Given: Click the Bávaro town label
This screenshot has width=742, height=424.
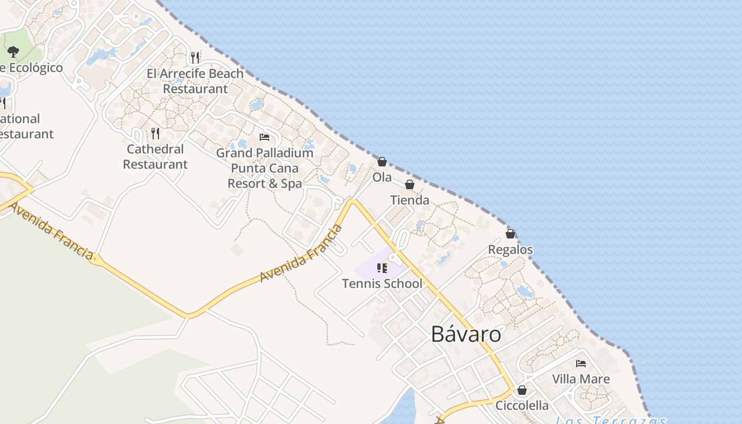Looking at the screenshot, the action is tap(466, 334).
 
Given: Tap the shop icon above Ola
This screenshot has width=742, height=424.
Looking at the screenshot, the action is tap(382, 162).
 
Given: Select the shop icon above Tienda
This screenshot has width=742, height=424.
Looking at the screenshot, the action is tap(409, 184).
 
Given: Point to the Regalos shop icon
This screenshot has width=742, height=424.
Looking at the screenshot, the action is tap(510, 234).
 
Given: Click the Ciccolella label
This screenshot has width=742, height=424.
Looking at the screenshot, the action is tap(522, 405).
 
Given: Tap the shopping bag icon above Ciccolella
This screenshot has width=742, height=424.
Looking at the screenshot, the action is tap(522, 390).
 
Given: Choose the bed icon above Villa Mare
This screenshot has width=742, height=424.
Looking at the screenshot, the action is tap(581, 364).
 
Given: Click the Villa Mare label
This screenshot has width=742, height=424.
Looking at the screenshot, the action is tap(581, 379).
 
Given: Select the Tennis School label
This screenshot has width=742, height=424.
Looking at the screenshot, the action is tap(382, 284).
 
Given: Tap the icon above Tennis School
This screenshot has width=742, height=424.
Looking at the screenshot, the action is tap(382, 268).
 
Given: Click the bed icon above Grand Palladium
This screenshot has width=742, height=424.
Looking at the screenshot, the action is tap(264, 137).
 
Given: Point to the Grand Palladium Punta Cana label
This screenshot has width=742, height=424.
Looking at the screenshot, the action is tap(264, 168).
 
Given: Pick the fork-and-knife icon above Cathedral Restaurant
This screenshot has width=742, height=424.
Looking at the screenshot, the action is tap(155, 133).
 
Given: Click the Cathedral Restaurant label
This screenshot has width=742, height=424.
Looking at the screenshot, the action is tap(155, 157).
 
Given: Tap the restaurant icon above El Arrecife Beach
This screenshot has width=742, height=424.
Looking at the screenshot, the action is tap(195, 57).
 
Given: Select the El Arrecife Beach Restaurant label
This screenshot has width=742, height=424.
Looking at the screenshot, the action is tap(195, 81).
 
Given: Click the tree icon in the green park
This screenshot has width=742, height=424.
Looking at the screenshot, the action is tap(13, 52).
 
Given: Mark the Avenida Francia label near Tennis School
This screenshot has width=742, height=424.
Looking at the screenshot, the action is tap(301, 254).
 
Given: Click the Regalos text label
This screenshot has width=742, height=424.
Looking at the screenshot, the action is tap(510, 249).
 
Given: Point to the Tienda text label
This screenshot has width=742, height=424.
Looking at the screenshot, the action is tap(409, 200).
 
